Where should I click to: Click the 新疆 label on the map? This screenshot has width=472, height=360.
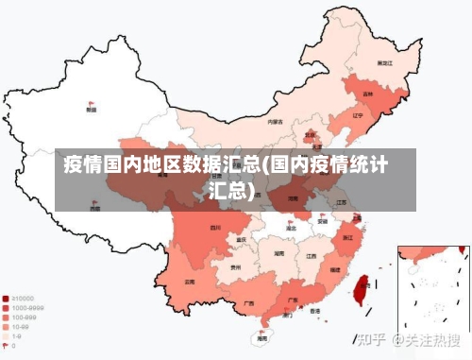[92, 111]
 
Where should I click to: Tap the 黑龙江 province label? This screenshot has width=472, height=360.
[384, 62]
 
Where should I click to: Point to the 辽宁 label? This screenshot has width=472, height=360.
[357, 116]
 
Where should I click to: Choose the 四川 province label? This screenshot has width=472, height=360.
[215, 228]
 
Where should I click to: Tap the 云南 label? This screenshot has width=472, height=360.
[190, 282]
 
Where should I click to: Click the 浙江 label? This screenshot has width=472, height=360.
[349, 237]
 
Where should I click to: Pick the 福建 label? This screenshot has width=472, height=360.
[334, 270]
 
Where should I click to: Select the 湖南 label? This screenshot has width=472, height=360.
[278, 254]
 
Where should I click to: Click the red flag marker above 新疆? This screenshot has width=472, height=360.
[92, 102]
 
